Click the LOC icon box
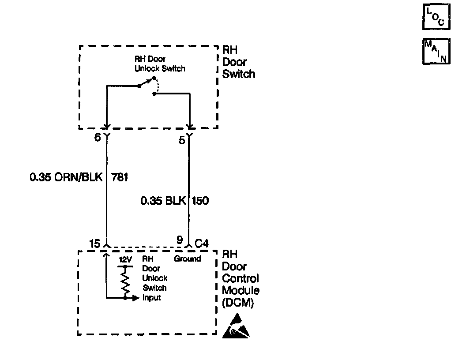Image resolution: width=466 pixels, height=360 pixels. pyautogui.click(x=436, y=17)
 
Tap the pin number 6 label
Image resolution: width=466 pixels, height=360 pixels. pyautogui.click(x=98, y=137)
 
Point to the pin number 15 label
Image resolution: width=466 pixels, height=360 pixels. pyautogui.click(x=94, y=243)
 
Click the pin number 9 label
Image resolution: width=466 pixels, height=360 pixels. pyautogui.click(x=180, y=240)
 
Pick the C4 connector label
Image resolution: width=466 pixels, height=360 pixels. pyautogui.click(x=202, y=243)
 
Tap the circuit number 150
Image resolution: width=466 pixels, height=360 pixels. pyautogui.click(x=200, y=201)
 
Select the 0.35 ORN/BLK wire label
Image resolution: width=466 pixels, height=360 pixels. pyautogui.click(x=66, y=177)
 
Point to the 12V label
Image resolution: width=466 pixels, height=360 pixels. pyautogui.click(x=125, y=259)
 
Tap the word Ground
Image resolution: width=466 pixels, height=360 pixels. pyautogui.click(x=188, y=259)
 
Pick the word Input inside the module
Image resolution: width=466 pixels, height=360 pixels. pyautogui.click(x=152, y=298)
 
